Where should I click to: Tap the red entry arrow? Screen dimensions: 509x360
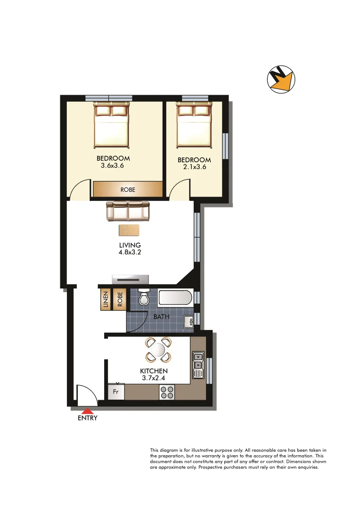point(88,411)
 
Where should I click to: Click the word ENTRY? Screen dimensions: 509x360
point(88,418)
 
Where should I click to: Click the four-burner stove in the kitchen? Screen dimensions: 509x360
point(166,392)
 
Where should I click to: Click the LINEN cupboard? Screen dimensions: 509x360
point(105,300)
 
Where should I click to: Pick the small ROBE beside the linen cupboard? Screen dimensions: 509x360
point(120,300)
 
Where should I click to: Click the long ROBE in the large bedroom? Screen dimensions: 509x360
point(128,189)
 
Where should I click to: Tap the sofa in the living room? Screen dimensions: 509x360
point(128,211)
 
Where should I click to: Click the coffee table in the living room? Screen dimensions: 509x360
point(129,230)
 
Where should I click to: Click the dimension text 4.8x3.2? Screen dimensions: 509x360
point(130,252)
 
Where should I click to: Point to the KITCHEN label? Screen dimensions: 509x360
point(155,371)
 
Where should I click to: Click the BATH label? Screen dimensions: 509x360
point(162,317)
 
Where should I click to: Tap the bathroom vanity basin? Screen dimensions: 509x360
point(188,322)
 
